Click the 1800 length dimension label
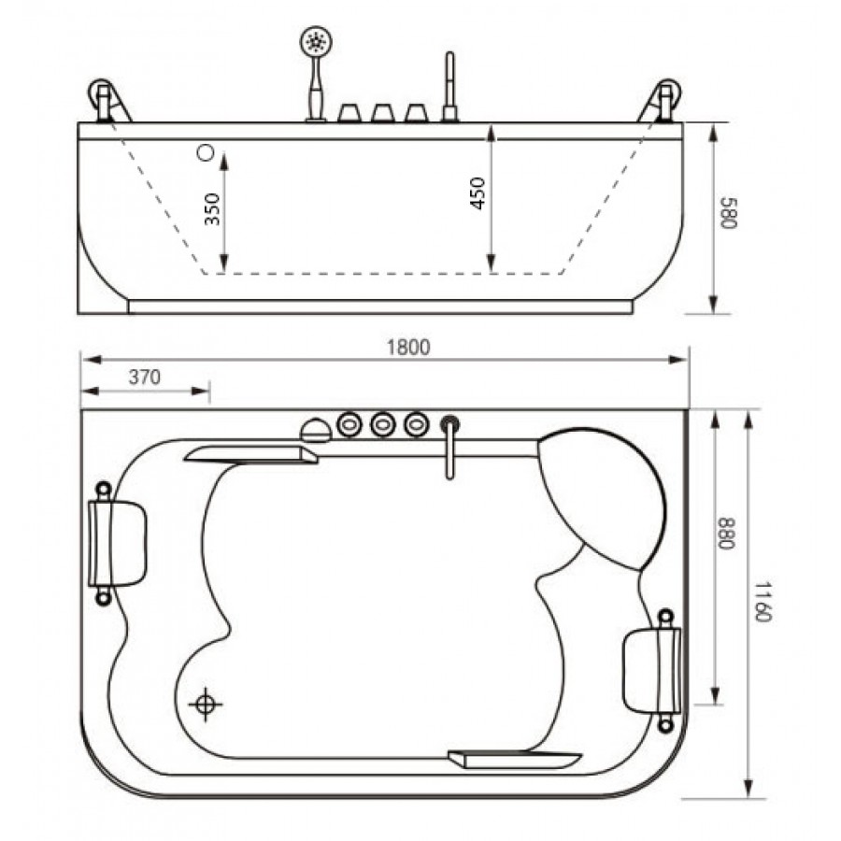(408, 348)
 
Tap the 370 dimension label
(145, 378)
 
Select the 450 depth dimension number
(477, 193)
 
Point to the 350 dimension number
(213, 208)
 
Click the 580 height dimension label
(729, 213)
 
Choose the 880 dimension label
(724, 534)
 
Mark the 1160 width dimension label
(762, 601)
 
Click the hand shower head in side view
(316, 41)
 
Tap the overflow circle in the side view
(206, 153)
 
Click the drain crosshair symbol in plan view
(206, 705)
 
